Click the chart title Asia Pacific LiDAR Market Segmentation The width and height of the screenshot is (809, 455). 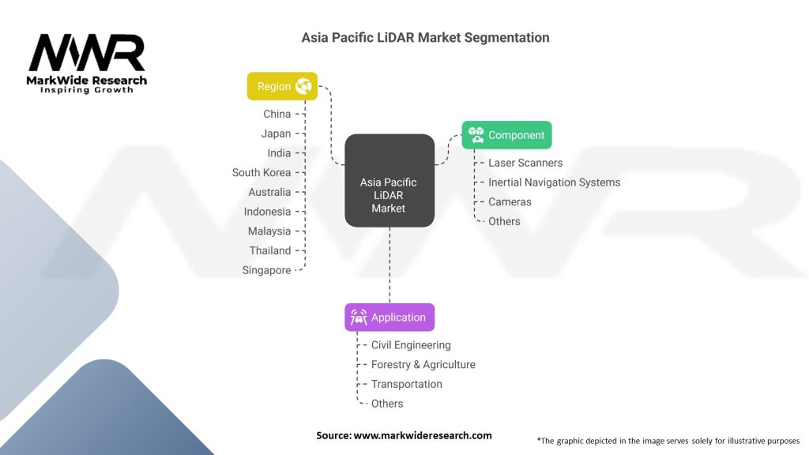click(x=425, y=37)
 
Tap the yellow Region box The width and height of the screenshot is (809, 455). click(x=282, y=86)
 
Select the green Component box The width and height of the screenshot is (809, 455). click(x=506, y=135)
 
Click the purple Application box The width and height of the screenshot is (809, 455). click(x=389, y=318)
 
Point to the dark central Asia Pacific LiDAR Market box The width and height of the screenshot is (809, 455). click(x=389, y=182)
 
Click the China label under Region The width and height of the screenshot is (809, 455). click(x=277, y=114)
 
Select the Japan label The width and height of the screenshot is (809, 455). click(x=276, y=133)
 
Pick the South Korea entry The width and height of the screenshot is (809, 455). click(x=261, y=172)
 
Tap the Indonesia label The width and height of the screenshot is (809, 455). click(x=267, y=212)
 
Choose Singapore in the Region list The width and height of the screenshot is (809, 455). click(x=266, y=270)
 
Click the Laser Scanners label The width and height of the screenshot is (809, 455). click(x=525, y=163)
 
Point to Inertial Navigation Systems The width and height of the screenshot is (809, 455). click(x=554, y=182)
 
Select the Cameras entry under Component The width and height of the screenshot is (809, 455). click(x=510, y=202)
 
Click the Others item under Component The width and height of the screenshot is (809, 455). click(x=504, y=221)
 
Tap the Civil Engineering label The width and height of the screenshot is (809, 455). click(x=411, y=345)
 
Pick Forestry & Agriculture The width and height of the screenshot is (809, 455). click(x=423, y=365)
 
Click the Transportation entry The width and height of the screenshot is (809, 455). click(x=406, y=384)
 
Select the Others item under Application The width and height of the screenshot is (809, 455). click(x=387, y=404)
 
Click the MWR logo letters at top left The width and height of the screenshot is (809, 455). click(x=87, y=54)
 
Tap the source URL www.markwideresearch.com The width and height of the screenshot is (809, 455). click(x=422, y=435)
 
